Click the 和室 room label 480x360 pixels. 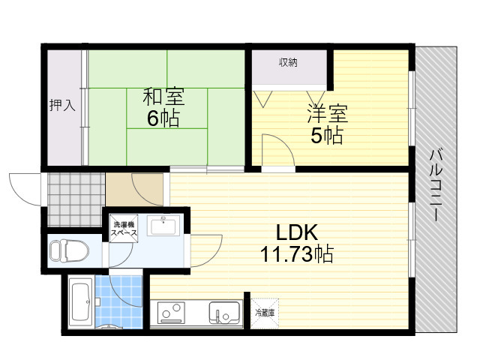(163, 97)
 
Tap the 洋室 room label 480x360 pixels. (328, 113)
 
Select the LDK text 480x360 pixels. (297, 232)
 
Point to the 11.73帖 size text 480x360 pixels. (297, 253)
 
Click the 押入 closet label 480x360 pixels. (62, 105)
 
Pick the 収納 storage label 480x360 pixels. (288, 62)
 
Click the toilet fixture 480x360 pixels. (70, 251)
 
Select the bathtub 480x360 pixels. (81, 301)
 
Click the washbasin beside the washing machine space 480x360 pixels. (163, 226)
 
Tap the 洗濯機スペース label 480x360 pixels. (124, 229)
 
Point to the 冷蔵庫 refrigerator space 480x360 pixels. (265, 313)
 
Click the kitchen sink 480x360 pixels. (224, 313)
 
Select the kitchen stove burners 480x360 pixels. (172, 313)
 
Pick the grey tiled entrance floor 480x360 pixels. (76, 199)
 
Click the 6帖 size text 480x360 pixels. (163, 118)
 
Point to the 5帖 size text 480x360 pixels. (327, 135)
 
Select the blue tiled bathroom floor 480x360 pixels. (118, 301)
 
